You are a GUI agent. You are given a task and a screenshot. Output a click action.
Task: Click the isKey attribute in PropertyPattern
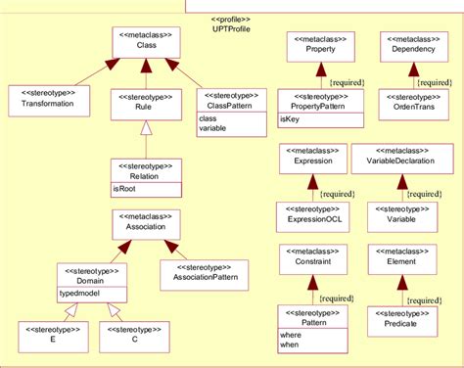pyautogui.click(x=291, y=117)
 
